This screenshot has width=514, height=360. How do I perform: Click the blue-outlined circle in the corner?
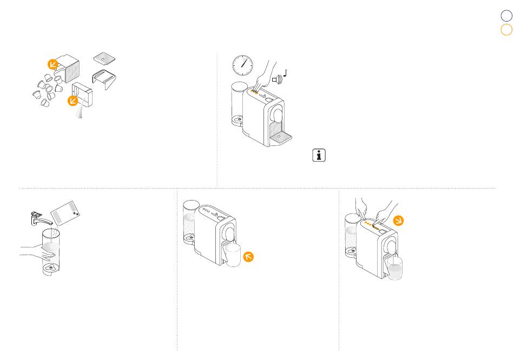pos(506,16)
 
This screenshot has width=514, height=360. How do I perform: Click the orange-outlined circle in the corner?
pos(506,30)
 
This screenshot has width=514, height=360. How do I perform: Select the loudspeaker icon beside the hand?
pos(277,80)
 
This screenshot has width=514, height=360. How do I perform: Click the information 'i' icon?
pos(319,156)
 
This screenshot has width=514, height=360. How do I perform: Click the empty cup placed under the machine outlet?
pos(233,255)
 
